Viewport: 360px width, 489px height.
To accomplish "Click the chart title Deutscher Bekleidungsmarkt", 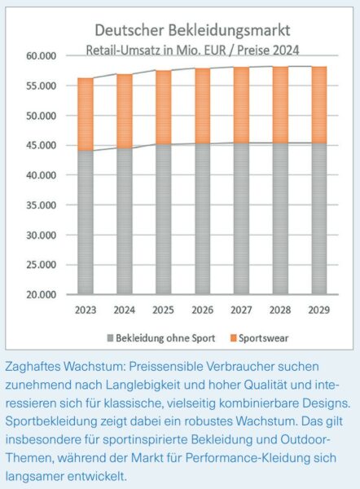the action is (192, 31).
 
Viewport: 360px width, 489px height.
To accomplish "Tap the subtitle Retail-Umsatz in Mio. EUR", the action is (156, 51).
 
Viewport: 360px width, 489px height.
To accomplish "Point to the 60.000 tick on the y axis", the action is (42, 56).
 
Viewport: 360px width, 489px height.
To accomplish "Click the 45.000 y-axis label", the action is (42, 145).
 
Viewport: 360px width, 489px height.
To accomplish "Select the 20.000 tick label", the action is (42, 295).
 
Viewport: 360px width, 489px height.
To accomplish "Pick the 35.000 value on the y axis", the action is (42, 205).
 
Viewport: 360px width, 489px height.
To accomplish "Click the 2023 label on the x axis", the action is (86, 311).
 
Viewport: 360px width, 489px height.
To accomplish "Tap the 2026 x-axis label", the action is (202, 311).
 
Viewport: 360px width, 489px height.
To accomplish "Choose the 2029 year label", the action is (318, 311).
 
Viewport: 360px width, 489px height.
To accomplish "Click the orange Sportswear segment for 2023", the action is (86, 114).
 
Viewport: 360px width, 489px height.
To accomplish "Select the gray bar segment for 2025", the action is (164, 219).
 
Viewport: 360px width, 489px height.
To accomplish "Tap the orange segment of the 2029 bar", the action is (319, 105).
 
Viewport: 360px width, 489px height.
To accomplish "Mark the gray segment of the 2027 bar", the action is (241, 218).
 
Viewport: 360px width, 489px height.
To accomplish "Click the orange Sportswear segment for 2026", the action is (203, 106).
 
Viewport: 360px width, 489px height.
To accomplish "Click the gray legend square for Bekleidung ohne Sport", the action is (110, 338).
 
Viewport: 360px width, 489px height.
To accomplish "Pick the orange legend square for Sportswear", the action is (234, 338).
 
